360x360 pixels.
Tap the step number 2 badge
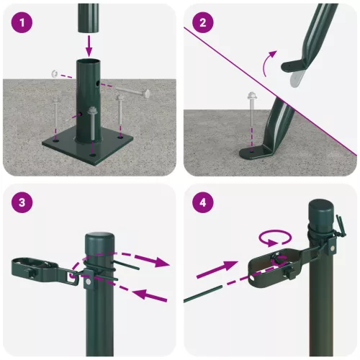[x=204, y=23]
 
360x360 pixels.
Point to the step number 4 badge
[x=204, y=204]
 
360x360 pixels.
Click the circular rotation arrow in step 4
[x=274, y=238]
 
